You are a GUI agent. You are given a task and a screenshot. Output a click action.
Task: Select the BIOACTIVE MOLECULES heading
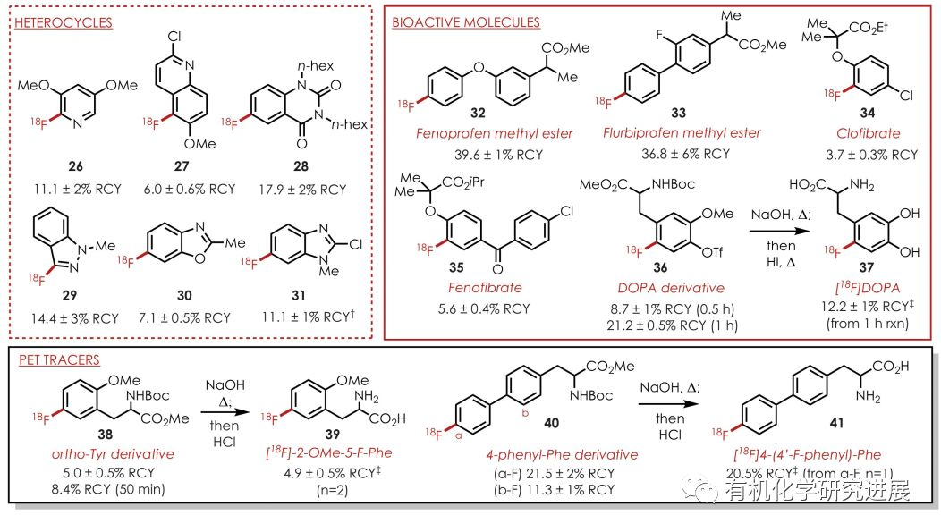(465, 22)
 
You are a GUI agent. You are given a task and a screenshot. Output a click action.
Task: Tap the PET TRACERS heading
(60, 360)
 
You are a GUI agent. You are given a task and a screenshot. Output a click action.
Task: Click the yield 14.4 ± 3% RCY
(69, 317)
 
